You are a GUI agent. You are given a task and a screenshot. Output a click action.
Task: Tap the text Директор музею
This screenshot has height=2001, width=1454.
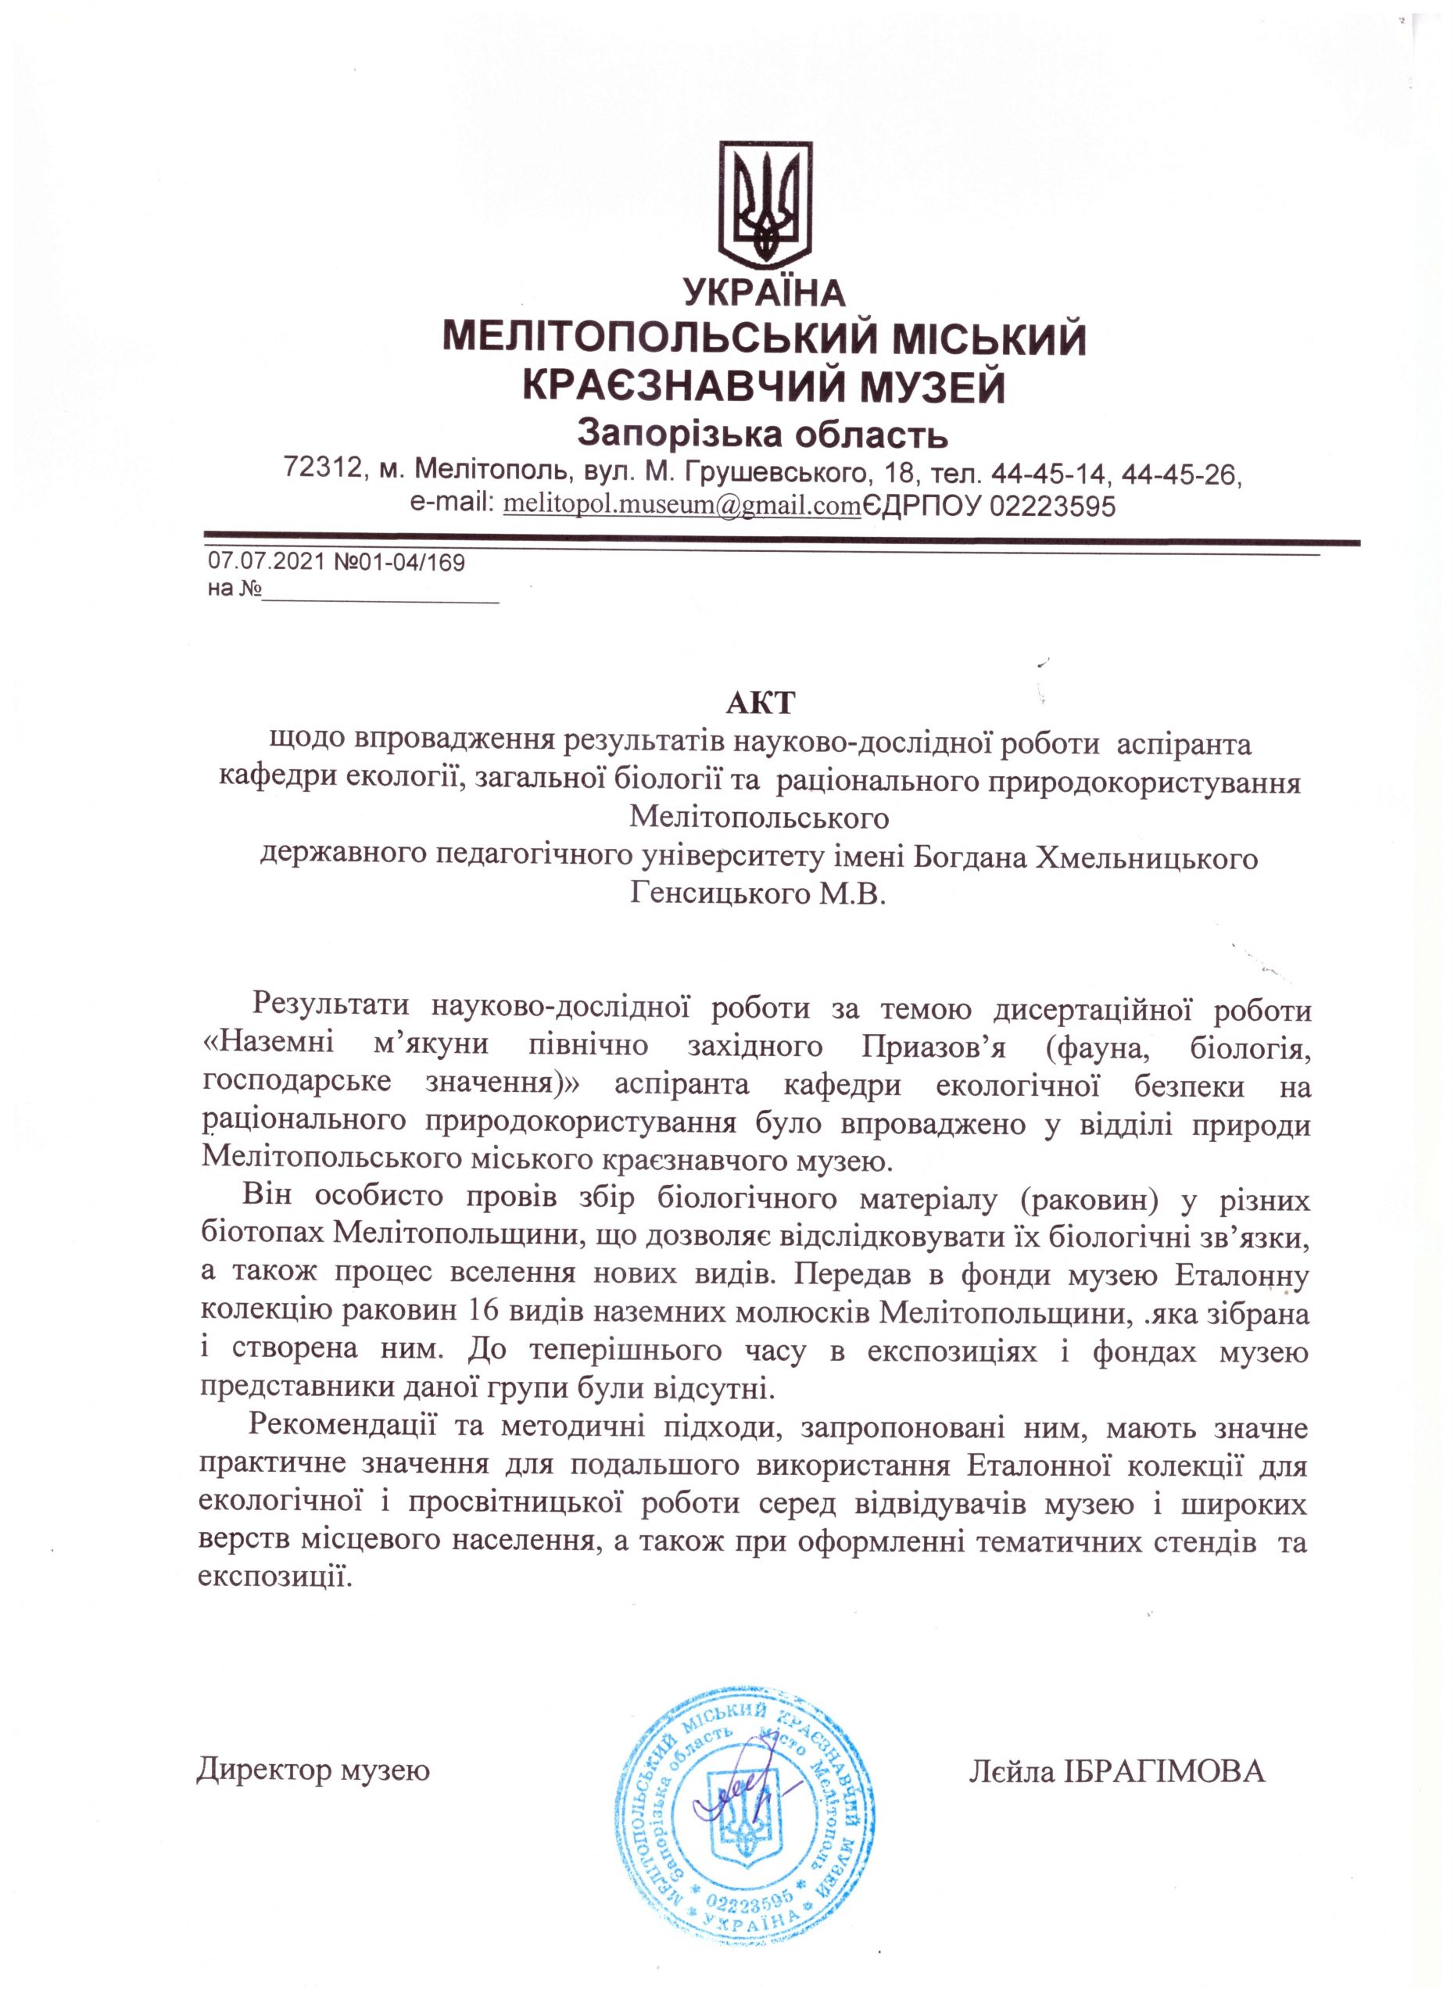pos(313,1745)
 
